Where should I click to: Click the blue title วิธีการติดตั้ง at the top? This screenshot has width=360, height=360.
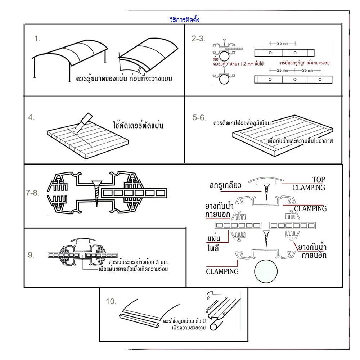184,19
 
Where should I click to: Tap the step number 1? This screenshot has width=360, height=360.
37,39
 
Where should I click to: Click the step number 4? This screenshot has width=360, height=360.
31,117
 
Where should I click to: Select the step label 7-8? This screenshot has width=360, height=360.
32,193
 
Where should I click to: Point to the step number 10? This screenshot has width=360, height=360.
111,301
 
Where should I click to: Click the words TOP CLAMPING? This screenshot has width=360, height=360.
309,184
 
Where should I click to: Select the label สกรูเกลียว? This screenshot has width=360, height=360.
225,185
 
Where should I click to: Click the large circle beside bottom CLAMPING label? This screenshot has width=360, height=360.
266,271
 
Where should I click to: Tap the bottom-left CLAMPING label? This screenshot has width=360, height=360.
222,271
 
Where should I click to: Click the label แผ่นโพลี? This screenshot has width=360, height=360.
214,243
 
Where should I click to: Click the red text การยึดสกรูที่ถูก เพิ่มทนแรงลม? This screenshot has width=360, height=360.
304,63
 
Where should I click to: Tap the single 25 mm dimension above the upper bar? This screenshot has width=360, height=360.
282,44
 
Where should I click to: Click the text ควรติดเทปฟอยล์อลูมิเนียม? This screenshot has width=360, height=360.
242,123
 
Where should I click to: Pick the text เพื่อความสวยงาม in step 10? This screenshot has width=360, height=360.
189,327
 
